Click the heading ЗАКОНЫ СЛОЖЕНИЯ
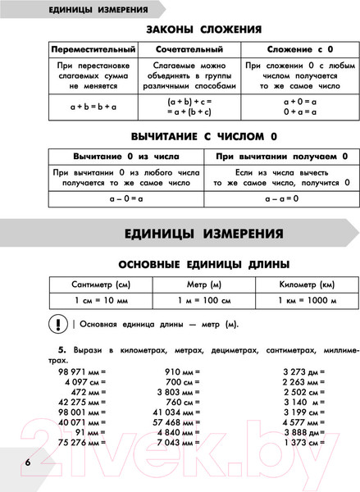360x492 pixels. click(203, 30)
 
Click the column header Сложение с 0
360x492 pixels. click(297, 50)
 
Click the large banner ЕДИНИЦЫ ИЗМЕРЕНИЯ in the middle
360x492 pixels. click(204, 233)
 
